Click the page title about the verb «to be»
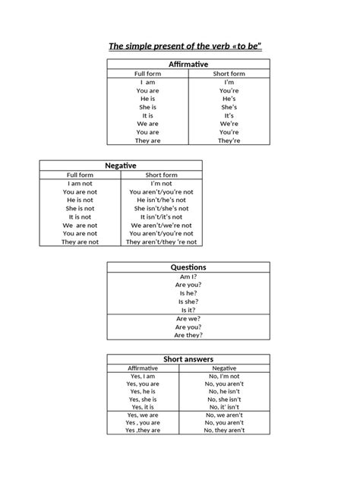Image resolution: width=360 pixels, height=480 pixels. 179,47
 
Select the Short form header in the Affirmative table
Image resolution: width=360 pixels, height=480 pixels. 229,74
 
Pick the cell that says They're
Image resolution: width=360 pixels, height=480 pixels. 229,141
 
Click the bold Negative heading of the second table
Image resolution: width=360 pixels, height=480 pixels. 120,165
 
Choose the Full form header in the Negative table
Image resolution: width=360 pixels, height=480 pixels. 80,175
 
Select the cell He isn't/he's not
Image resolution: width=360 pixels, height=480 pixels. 161,200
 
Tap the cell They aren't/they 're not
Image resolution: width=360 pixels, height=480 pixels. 161,242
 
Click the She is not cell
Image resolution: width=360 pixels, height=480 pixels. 80,208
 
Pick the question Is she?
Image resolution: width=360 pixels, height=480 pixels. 188,302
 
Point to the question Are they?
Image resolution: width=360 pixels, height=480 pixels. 188,335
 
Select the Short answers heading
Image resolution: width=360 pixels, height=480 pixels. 188,358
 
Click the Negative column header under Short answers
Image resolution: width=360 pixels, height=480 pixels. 225,368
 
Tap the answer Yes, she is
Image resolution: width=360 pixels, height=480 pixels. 143,399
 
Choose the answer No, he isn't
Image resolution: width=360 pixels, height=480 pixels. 225,391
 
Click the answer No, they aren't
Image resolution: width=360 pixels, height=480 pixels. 225,431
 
